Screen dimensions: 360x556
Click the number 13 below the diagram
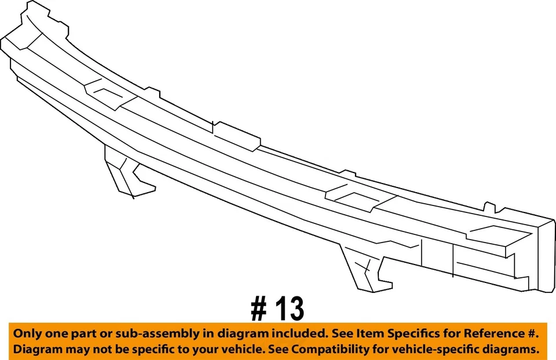tap(287, 310)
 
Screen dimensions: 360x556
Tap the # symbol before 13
tap(259, 310)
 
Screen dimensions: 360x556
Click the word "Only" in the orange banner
tap(28, 334)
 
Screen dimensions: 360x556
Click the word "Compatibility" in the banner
tap(348, 350)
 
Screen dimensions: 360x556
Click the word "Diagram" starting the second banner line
tap(36, 350)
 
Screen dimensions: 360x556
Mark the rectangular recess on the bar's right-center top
tap(354, 199)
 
